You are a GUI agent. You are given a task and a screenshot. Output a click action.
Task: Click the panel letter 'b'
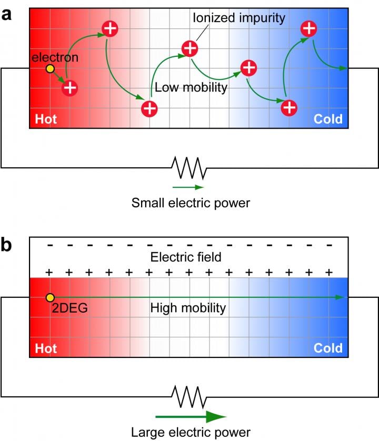pos(7,247)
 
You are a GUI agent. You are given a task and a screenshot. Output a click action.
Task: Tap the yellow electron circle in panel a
pos(49,69)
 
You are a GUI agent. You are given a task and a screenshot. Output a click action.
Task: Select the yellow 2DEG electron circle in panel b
pos(49,298)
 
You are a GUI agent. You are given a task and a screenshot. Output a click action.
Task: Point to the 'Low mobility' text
pos(190,87)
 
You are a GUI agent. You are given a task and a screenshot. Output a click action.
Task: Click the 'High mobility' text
pos(188,308)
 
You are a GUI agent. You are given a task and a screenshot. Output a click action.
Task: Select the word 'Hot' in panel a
pos(46,119)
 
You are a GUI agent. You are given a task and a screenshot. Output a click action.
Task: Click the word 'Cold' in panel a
pos(328,119)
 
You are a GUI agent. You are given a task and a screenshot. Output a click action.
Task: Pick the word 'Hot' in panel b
pos(46,348)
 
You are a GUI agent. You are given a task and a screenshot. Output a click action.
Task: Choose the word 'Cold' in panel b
pos(328,348)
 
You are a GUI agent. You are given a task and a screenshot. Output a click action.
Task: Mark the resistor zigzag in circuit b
pos(188,396)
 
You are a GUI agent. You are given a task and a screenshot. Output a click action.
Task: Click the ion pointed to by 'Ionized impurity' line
pos(190,49)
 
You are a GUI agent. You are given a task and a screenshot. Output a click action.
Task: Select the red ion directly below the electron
pos(70,87)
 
